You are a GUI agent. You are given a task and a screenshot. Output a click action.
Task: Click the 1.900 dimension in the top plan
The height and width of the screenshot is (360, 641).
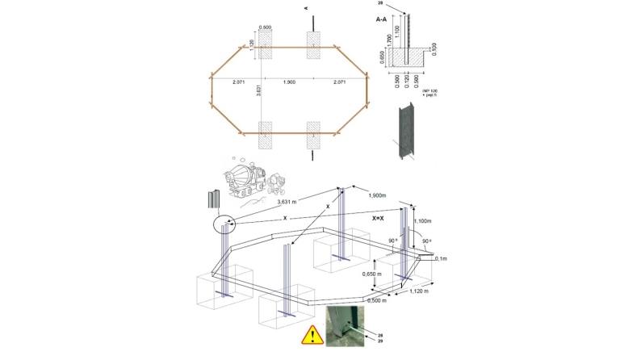pyautogui.click(x=290, y=83)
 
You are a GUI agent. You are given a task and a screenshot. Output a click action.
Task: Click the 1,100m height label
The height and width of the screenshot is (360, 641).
pyautogui.click(x=424, y=220)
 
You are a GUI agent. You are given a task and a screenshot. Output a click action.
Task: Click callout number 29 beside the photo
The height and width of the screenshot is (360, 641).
pyautogui.click(x=380, y=342)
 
